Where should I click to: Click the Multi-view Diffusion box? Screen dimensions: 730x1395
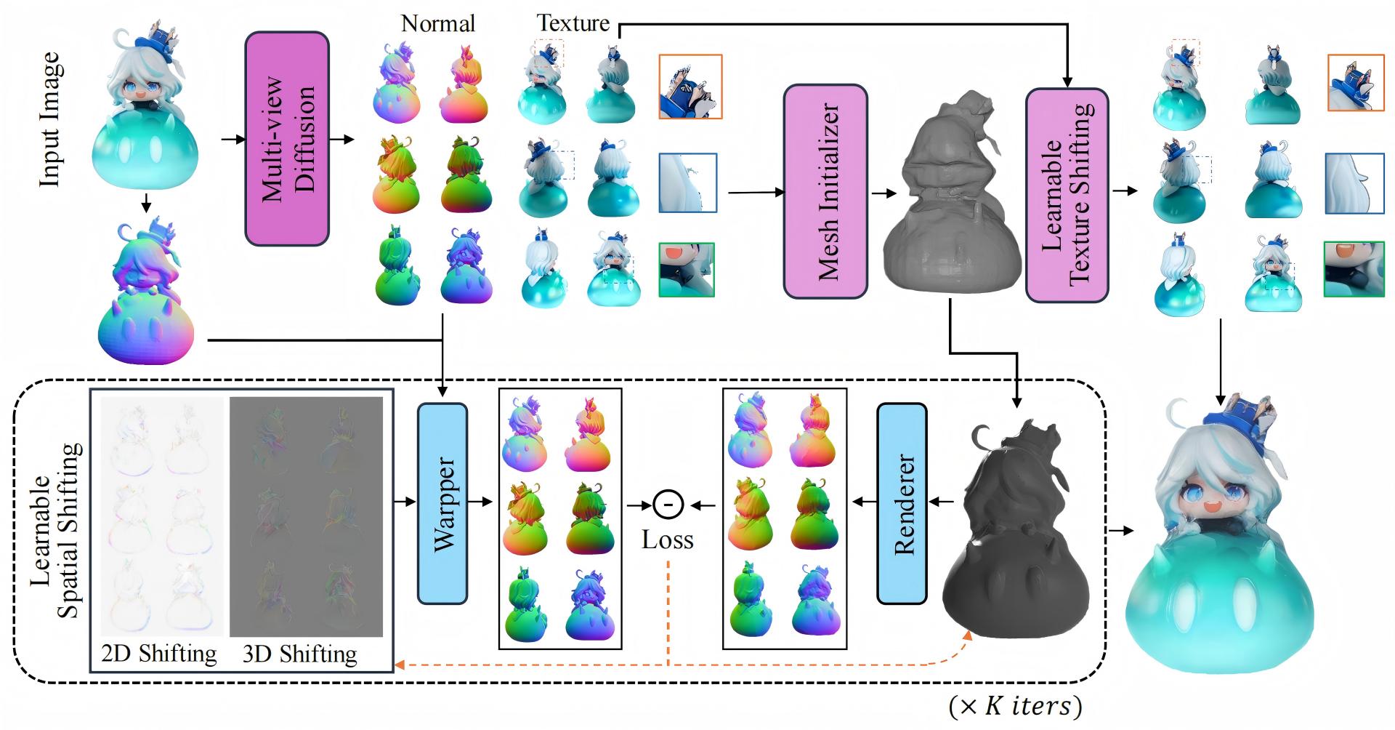[287, 138]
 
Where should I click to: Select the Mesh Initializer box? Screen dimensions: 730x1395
[825, 191]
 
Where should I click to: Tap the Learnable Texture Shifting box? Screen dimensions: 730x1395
[1067, 195]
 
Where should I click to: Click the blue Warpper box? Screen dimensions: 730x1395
[442, 503]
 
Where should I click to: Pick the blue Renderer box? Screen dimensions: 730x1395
[902, 503]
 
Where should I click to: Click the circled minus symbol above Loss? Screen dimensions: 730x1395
[667, 503]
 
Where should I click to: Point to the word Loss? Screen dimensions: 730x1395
[667, 540]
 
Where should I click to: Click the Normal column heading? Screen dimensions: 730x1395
[438, 23]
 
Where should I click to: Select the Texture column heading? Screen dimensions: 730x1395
[573, 23]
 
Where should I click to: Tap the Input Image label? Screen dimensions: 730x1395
[51, 120]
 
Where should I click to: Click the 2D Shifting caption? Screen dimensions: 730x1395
[158, 654]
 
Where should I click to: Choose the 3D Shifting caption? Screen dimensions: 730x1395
[299, 654]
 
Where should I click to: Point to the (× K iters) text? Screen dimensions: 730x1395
[1014, 705]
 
